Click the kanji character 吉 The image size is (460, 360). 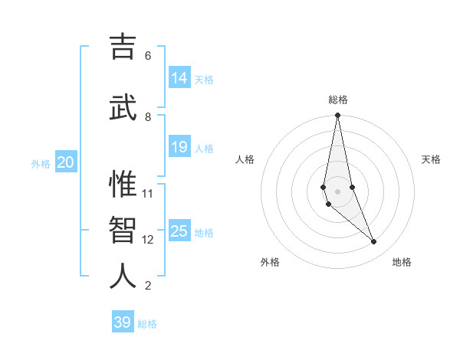click(123, 47)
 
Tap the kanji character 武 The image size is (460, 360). click(123, 108)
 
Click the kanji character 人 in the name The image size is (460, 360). click(123, 277)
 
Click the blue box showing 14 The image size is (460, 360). click(179, 77)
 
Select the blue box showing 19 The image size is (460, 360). click(179, 147)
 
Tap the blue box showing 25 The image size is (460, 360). click(179, 231)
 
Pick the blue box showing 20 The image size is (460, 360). click(66, 162)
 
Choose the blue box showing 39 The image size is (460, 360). click(123, 322)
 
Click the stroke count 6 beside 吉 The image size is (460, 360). click(148, 55)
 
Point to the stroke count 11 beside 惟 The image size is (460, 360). click(148, 193)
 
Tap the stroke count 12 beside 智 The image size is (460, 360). click(148, 239)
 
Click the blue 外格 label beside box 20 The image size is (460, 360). click(41, 163)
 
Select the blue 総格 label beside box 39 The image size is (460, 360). click(147, 324)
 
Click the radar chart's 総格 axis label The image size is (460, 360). click(338, 100)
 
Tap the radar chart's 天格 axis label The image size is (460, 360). click(432, 159)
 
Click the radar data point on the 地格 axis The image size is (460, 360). click(374, 242)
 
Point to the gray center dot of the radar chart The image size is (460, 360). click(337, 191)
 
